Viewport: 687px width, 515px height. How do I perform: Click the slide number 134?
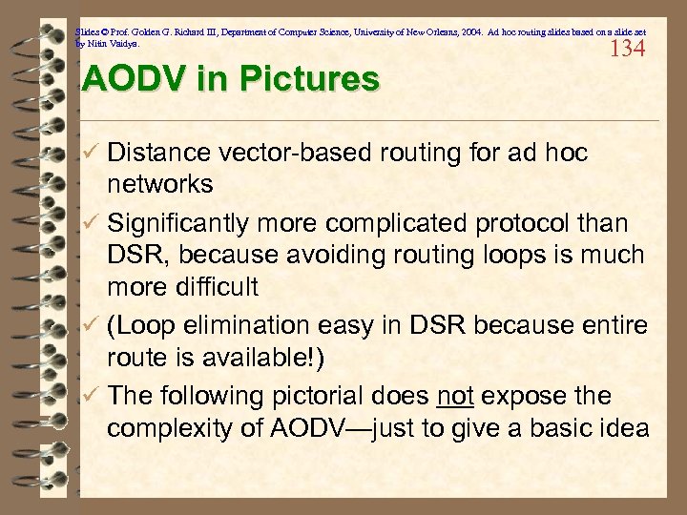[x=627, y=48]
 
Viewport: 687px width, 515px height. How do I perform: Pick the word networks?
[x=159, y=183]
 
